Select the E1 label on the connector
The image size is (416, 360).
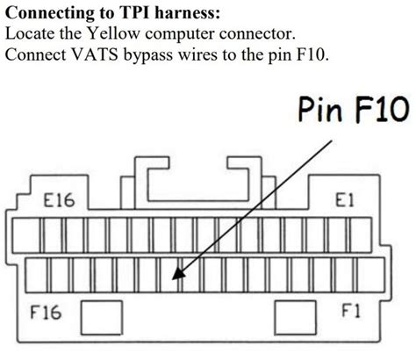point(343,201)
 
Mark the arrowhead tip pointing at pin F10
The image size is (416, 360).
point(176,280)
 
